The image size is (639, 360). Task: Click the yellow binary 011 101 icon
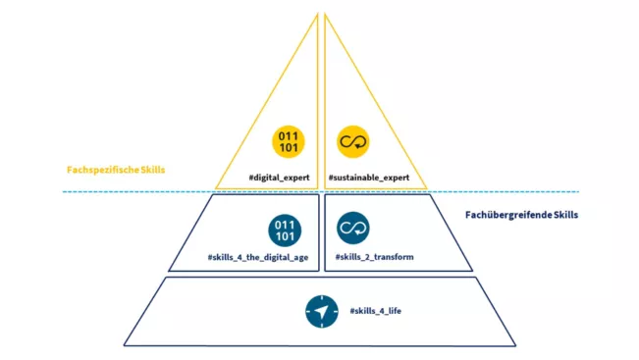pyautogui.click(x=290, y=141)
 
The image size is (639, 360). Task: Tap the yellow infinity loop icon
pyautogui.click(x=352, y=141)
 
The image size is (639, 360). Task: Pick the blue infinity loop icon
pyautogui.click(x=352, y=230)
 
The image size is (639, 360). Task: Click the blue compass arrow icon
pyautogui.click(x=320, y=312)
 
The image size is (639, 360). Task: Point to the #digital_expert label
pyautogui.click(x=280, y=178)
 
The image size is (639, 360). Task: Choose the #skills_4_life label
pyautogui.click(x=376, y=311)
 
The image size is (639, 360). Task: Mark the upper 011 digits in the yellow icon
pyautogui.click(x=290, y=135)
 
